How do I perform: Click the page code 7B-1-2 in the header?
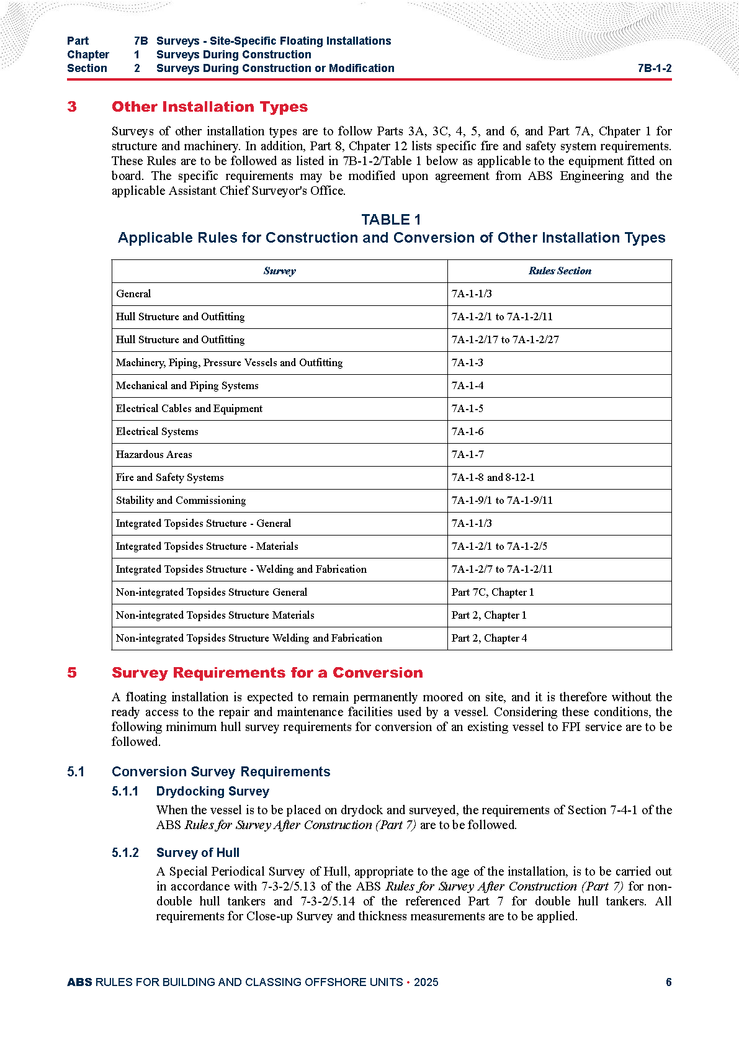coord(654,68)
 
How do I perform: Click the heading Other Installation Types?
coord(209,107)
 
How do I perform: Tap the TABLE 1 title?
coord(391,220)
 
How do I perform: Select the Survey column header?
coord(279,271)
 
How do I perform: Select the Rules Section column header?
coord(560,271)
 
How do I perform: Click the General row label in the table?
coord(133,294)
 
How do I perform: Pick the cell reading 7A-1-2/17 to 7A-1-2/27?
coord(505,340)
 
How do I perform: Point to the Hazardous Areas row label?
coord(154,455)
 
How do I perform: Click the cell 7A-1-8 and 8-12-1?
coord(493,478)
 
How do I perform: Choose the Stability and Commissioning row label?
coord(181,501)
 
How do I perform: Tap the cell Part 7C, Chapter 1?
coord(492,593)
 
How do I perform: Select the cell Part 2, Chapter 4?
coord(489,639)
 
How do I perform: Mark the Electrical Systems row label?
coord(157,432)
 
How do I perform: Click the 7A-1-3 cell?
coord(467,363)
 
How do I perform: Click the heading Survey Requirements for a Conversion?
coord(267,673)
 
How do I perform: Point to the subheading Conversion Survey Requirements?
coord(220,772)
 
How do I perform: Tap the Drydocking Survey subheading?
coord(212,791)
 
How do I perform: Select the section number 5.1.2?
coord(125,853)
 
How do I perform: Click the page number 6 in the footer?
coord(668,982)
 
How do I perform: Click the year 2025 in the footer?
coord(426,982)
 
